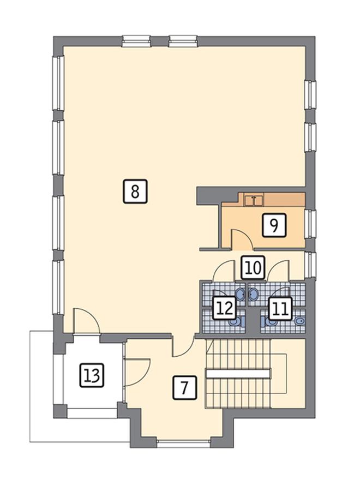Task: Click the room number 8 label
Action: click(135, 192)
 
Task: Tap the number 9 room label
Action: click(274, 225)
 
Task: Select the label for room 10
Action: click(253, 267)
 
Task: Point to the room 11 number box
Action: click(280, 308)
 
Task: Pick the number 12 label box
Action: click(225, 308)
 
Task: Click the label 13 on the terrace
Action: click(92, 375)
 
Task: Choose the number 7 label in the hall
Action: click(184, 388)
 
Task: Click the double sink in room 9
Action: click(254, 200)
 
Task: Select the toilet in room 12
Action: click(237, 322)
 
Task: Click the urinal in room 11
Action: click(299, 321)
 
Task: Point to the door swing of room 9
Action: click(242, 239)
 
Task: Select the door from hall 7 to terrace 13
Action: click(137, 373)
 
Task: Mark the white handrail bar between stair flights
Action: click(237, 373)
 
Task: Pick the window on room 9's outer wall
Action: click(310, 224)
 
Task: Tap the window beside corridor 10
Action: click(310, 265)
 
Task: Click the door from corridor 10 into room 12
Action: click(224, 271)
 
